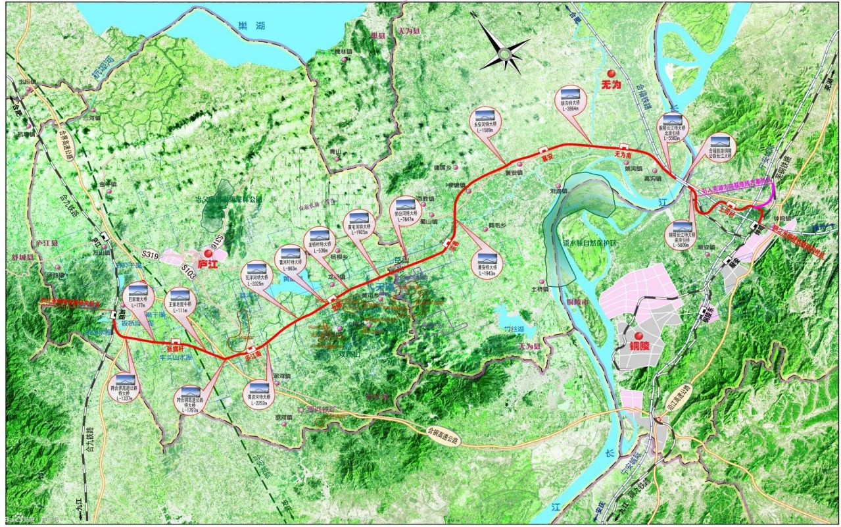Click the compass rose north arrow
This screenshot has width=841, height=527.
pos(504,47)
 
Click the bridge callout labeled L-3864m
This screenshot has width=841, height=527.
pos(569,100)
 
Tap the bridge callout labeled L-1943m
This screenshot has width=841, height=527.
pos(487,263)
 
